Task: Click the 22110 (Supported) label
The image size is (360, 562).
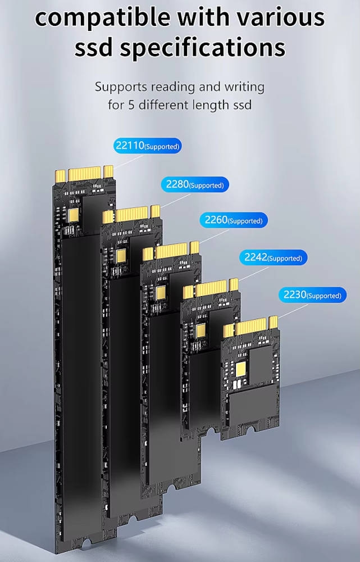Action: tap(148, 146)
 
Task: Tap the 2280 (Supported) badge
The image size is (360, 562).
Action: tap(195, 184)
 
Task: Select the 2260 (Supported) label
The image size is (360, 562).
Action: tap(234, 220)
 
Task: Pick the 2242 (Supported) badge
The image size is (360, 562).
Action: tap(274, 257)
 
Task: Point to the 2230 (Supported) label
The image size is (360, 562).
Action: tap(312, 295)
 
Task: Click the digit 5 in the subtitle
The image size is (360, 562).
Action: tap(131, 106)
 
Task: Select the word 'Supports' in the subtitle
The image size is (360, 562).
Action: tap(121, 88)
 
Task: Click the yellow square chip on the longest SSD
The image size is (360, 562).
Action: tap(74, 215)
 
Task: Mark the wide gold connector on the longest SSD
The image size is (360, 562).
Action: tap(85, 174)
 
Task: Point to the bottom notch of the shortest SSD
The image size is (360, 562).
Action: tap(250, 428)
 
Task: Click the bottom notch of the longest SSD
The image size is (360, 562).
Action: tap(86, 543)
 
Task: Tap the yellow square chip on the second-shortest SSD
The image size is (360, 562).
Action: tap(201, 331)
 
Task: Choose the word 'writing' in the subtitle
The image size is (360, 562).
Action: tap(244, 88)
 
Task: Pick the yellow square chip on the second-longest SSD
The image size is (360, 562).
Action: tap(121, 256)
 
